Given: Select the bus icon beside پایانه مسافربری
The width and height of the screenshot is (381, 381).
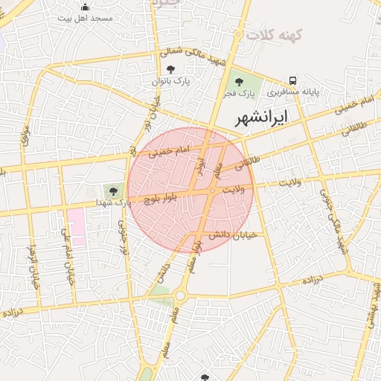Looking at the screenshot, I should [293, 80].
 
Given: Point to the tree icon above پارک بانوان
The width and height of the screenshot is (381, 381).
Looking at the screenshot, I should [171, 69].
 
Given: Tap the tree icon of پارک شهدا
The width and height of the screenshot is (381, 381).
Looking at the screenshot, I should [113, 190].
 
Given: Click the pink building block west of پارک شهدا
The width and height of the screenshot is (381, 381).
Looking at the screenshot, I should [76, 226].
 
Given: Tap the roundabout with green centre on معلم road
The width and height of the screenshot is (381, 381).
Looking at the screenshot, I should [179, 297].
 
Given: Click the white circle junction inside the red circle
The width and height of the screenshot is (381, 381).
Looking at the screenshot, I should [212, 191].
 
